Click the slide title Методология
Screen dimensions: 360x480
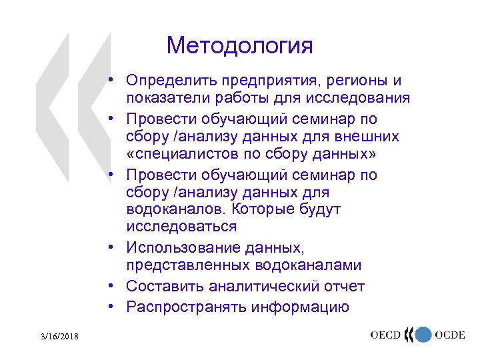239,46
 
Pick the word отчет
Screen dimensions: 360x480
343,286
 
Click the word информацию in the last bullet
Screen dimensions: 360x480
300,307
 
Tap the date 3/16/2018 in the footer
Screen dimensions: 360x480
58,338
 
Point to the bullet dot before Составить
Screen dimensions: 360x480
115,286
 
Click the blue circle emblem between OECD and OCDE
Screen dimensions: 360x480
421,335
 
